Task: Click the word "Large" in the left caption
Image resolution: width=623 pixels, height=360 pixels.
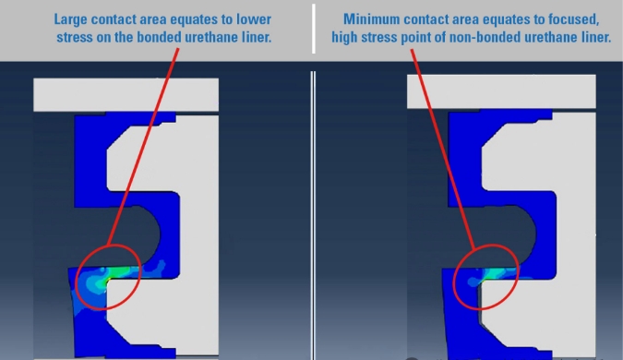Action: [x=68, y=19]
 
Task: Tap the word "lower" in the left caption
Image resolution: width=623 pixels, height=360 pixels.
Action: [x=254, y=19]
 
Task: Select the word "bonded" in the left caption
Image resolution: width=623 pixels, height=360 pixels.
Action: [x=155, y=37]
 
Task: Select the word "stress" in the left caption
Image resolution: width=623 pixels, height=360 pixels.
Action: [x=72, y=37]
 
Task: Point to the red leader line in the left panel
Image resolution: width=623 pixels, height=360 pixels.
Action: [x=143, y=147]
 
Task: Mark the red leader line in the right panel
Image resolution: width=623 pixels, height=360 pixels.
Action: [x=443, y=150]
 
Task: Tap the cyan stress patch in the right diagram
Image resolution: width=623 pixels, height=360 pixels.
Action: [x=494, y=272]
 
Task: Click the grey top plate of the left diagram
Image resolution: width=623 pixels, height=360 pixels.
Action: [x=126, y=94]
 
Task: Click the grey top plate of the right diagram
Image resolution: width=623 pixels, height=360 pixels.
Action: [x=501, y=91]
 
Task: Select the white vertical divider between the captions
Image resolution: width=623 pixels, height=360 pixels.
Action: [x=314, y=29]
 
